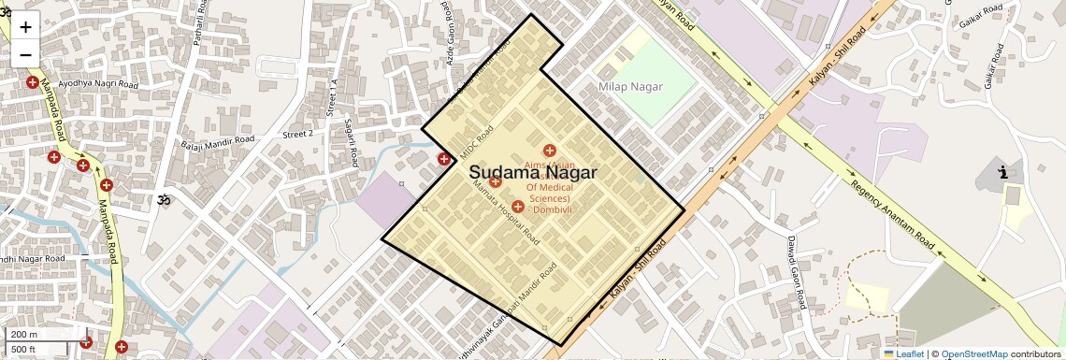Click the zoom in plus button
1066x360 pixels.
[x=25, y=27]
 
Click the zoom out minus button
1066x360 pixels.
[x=25, y=54]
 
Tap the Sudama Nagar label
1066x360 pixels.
[x=532, y=173]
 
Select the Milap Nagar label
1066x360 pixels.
[x=630, y=87]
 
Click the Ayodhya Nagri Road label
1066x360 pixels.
[x=98, y=85]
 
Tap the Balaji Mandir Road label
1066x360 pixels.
[x=218, y=141]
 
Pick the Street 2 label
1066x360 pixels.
[x=298, y=134]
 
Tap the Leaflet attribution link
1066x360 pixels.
[x=904, y=354]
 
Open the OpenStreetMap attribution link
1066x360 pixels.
[x=973, y=354]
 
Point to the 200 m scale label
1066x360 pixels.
[x=24, y=334]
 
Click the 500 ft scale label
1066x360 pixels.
[x=23, y=349]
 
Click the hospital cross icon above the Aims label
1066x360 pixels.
[x=550, y=151]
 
